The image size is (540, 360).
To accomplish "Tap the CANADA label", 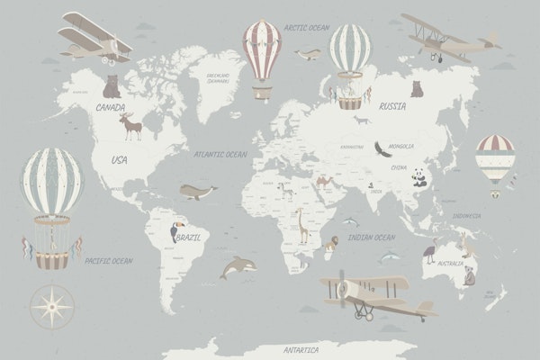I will pos(111,107).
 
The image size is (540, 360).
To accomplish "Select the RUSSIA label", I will pos(392,106).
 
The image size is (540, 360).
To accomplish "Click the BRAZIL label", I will pos(191,238).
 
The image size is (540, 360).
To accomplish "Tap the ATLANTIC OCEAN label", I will pos(220,155).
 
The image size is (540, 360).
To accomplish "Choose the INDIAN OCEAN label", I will pos(371,238).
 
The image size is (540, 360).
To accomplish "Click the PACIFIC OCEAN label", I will pos(109,261).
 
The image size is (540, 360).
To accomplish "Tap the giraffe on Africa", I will pos(301,226).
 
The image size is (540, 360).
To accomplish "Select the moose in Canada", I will pos(133,127).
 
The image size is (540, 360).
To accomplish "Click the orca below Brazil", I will pos(238,266).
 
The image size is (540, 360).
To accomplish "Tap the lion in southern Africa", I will pos(330,241).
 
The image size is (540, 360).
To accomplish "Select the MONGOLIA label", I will pos(401,146).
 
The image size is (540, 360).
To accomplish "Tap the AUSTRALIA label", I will pos(450,265).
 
